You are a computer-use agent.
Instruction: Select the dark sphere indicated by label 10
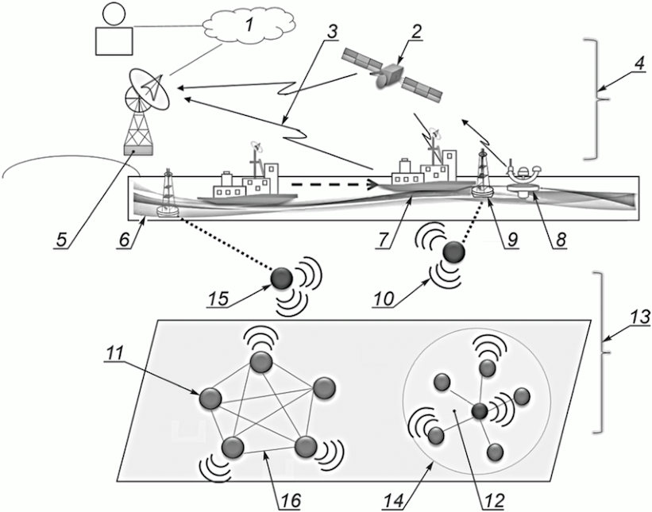453,252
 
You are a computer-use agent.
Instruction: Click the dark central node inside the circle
479,411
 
